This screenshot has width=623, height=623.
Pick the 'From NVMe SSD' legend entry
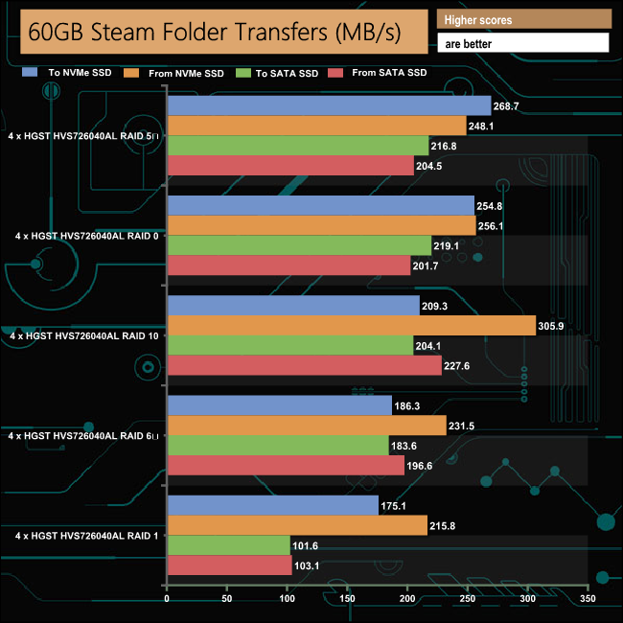pos(186,73)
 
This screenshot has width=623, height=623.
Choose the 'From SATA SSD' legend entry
pos(388,73)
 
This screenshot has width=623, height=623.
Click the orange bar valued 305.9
pos(352,326)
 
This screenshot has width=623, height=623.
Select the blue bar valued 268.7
pos(329,105)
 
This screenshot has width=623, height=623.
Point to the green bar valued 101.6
pos(229,545)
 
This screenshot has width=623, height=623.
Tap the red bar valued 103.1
pos(230,565)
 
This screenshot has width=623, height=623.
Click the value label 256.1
pos(493,226)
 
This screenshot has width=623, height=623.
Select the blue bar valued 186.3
pos(280,406)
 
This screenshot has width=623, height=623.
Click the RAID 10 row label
pos(83,335)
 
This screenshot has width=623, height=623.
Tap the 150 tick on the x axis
pos(348,599)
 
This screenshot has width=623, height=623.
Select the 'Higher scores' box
pos(522,20)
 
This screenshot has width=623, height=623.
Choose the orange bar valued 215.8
pos(297,525)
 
